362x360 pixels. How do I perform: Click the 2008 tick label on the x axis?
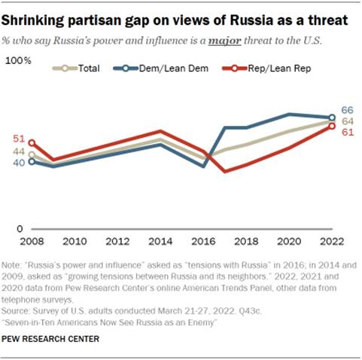pyautogui.click(x=32, y=242)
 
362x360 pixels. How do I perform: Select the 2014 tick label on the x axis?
pyautogui.click(x=160, y=242)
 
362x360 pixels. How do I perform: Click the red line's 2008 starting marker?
pyautogui.click(x=32, y=142)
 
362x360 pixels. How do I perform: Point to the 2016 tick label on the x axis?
pyautogui.click(x=202, y=242)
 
